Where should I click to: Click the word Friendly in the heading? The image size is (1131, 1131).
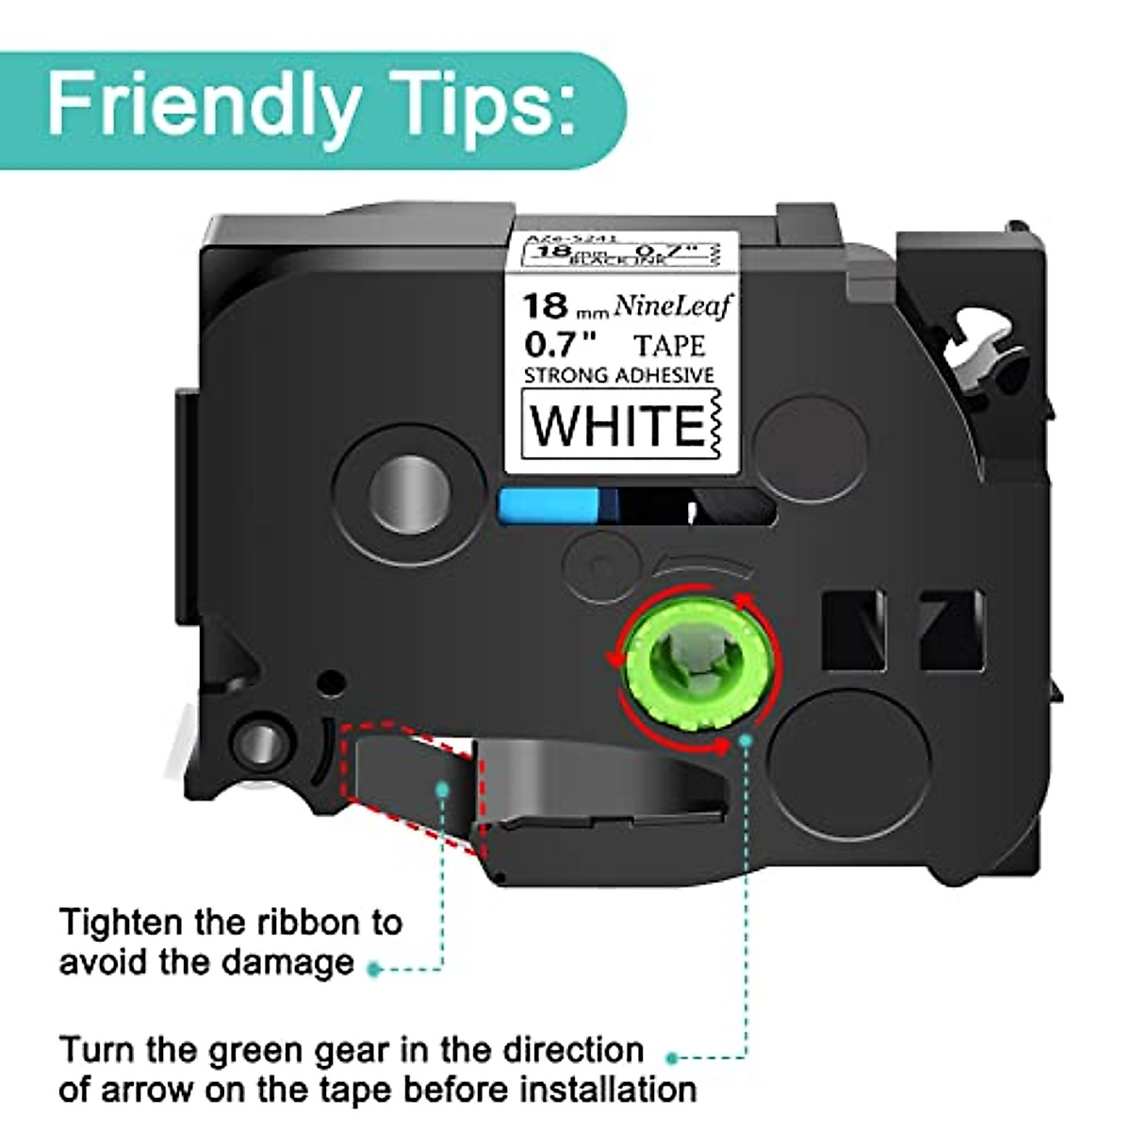coord(203,106)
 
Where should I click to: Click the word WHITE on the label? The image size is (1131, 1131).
coord(617,424)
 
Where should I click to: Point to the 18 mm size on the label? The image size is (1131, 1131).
coord(562,308)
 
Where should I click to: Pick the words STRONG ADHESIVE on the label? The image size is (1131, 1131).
coord(618,375)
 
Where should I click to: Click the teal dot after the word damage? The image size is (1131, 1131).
coord(374,968)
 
